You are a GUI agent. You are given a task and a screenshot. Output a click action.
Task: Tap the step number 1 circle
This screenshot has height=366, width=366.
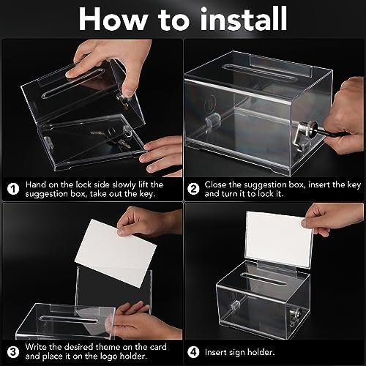[12, 187]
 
